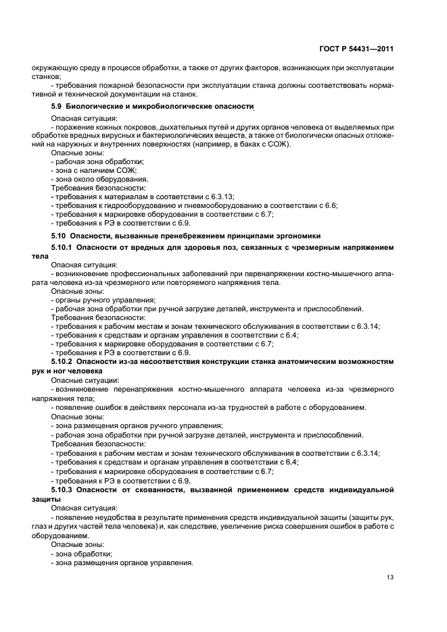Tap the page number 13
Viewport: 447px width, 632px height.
pos(390,577)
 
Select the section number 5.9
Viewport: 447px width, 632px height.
pos(58,107)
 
